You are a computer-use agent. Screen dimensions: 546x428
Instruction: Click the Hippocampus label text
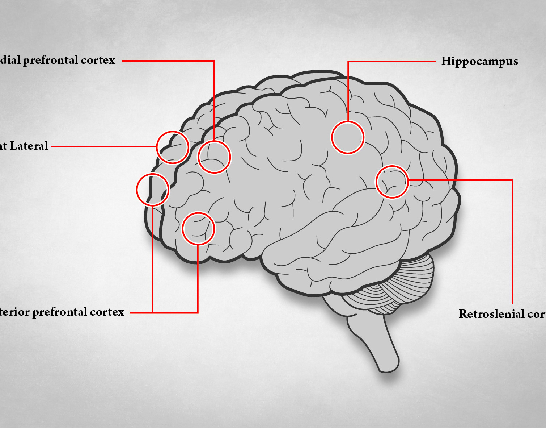(x=479, y=61)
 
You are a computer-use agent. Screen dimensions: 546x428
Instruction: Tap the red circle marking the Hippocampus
(x=347, y=137)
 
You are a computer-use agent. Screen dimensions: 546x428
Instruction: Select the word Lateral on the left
(x=29, y=146)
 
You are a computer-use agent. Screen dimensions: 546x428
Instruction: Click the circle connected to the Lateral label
(x=173, y=147)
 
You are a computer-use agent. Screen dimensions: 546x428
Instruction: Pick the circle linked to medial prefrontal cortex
(x=214, y=157)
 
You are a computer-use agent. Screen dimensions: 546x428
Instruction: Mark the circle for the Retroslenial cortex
(x=392, y=182)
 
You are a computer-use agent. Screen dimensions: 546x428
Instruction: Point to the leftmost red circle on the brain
(x=153, y=190)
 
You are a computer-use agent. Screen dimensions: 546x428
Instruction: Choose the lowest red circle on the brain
(x=198, y=229)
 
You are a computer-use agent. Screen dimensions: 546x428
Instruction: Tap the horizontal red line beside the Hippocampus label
(x=391, y=62)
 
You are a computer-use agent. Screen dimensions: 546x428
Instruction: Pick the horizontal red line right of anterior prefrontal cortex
(x=141, y=312)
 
